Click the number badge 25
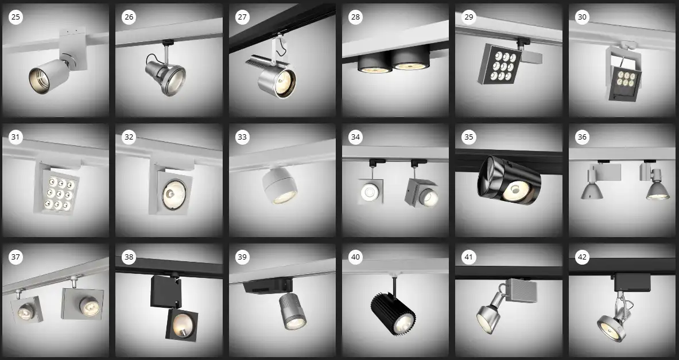15,17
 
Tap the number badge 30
582,17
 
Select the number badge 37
15,257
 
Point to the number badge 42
582,257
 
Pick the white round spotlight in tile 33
280,185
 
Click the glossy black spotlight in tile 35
509,180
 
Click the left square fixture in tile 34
371,191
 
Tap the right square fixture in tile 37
82,304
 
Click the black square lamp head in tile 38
181,324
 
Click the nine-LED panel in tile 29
499,64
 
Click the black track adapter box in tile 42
633,282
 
